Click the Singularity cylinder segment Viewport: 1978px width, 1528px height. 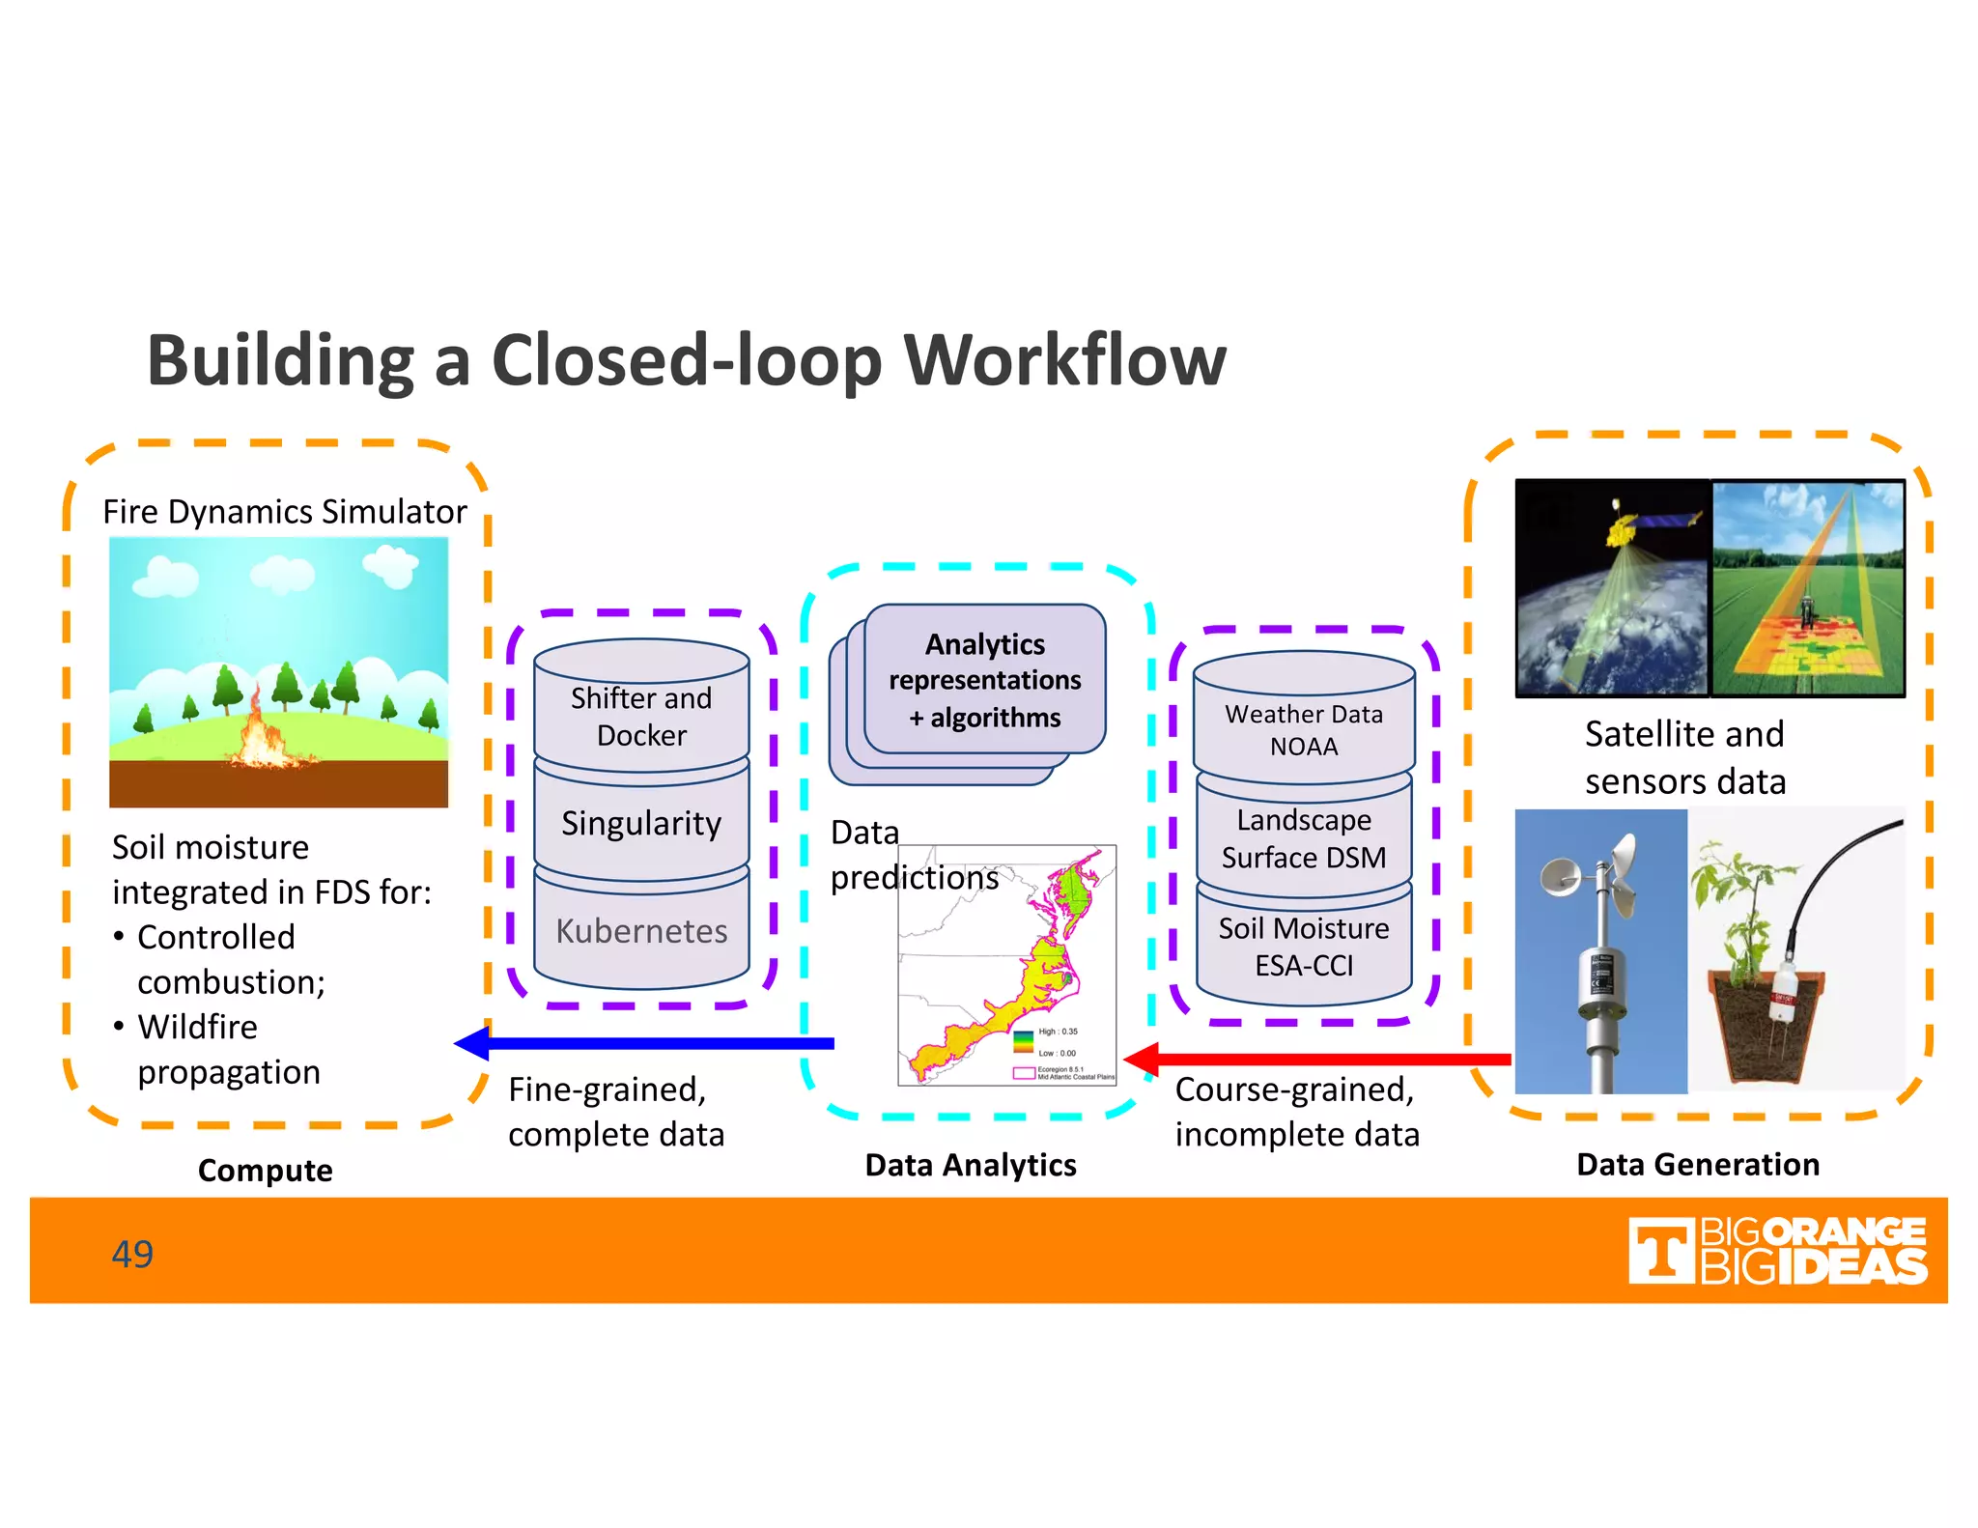(x=641, y=823)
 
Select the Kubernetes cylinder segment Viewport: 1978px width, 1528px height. (x=641, y=931)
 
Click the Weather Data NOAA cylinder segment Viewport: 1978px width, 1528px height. (x=1304, y=730)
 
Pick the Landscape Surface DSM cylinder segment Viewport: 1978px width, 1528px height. (x=1304, y=838)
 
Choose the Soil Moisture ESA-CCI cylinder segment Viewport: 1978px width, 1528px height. (x=1304, y=947)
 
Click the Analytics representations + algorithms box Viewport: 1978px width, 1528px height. (x=984, y=680)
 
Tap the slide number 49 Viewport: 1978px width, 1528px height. (x=132, y=1254)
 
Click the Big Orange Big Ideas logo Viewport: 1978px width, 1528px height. (x=1777, y=1251)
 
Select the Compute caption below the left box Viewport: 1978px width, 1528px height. (x=266, y=1171)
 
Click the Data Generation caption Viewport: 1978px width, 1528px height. (x=1698, y=1165)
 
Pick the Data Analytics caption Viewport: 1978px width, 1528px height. (x=971, y=1166)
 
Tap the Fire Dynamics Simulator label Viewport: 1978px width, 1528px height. (x=285, y=512)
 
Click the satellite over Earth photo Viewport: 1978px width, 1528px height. (x=1612, y=587)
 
